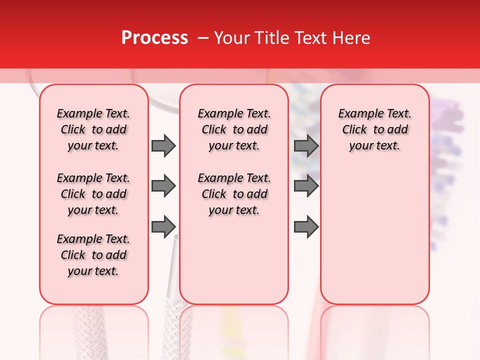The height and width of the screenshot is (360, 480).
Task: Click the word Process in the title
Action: [154, 38]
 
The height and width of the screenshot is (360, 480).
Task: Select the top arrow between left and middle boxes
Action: [163, 146]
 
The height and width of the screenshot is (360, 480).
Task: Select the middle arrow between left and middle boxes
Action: [163, 186]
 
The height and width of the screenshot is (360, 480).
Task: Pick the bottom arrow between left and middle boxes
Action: [163, 226]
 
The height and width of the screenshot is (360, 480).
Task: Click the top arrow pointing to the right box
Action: [306, 146]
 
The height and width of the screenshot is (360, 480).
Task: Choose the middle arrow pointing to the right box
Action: [306, 186]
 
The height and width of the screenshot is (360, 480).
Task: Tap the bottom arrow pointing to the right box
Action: [306, 226]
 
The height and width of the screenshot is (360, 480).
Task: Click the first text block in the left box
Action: [93, 129]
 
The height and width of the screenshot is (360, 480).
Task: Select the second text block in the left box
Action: [93, 194]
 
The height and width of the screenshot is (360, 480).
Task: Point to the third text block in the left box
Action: [93, 255]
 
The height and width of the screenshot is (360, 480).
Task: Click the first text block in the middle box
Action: [234, 129]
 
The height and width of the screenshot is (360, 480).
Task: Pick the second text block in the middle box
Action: [234, 194]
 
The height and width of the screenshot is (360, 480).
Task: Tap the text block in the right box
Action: [375, 129]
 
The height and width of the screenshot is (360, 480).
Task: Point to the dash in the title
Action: [203, 38]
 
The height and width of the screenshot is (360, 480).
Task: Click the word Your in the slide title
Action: [232, 38]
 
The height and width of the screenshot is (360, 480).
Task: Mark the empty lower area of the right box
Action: [375, 230]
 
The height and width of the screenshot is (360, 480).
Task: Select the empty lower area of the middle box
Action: [234, 260]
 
